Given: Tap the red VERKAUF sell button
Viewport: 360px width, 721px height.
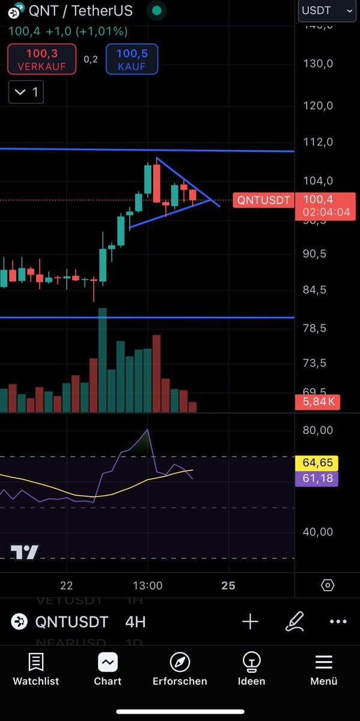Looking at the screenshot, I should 41,59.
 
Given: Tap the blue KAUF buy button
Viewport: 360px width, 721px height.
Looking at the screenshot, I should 132,59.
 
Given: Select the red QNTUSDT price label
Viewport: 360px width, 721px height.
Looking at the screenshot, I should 263,200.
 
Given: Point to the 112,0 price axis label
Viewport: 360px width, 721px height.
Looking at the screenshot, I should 319,142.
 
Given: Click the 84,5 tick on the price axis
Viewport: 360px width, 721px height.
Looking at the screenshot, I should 314,290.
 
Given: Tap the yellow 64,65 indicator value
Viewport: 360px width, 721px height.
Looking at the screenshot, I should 317,463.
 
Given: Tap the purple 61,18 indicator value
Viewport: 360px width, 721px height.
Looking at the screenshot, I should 317,478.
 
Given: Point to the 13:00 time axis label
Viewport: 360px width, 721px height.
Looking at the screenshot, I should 148,585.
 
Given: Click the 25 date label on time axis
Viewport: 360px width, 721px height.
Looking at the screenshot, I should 228,585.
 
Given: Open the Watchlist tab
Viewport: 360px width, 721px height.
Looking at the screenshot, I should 36,669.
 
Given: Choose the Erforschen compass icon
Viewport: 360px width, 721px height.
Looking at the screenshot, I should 180,663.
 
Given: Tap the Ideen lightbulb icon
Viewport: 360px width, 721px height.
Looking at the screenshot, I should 251,663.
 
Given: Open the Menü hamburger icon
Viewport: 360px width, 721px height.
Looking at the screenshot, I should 323,663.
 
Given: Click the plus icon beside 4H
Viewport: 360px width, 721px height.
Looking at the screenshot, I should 250,621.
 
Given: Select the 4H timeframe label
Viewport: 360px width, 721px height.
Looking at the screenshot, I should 135,621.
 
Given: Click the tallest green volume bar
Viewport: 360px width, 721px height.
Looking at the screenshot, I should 102,360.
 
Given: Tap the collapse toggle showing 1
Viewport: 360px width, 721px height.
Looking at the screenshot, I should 26,93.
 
